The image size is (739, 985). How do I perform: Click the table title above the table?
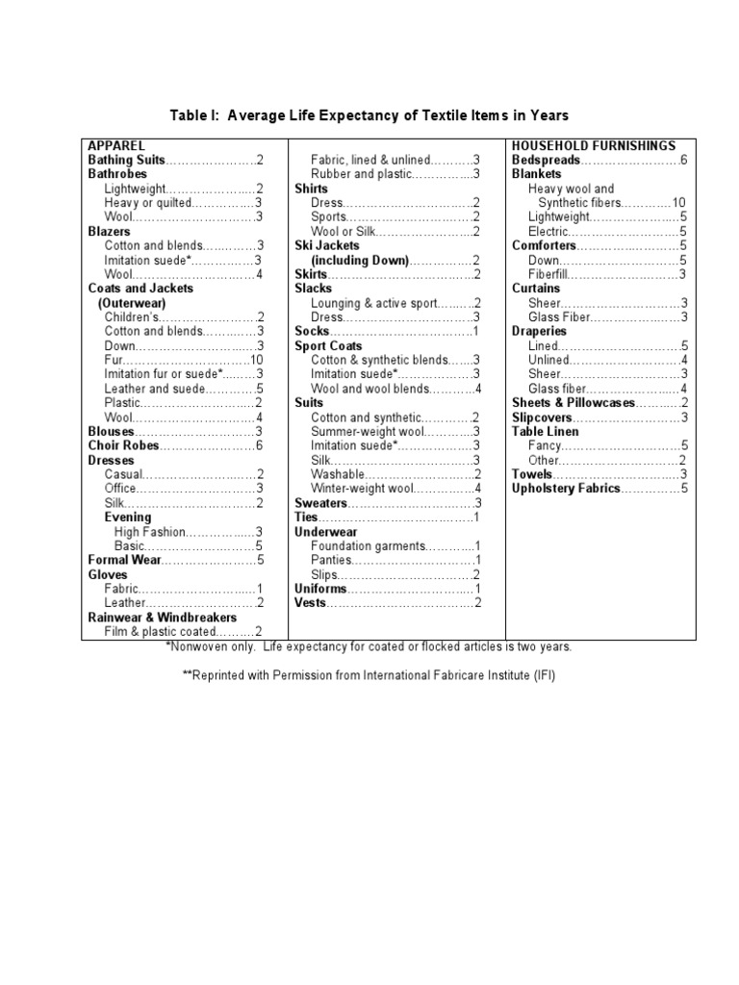click(369, 115)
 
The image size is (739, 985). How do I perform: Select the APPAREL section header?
click(117, 145)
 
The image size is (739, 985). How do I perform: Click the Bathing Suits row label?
click(127, 160)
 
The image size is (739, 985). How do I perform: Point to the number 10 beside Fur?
click(257, 360)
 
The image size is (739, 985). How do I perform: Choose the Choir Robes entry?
click(124, 445)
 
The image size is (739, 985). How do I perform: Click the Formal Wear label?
click(123, 560)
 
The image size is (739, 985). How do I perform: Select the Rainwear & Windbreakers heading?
click(162, 617)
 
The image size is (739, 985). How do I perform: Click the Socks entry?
click(311, 331)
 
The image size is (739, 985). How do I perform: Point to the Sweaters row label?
click(320, 503)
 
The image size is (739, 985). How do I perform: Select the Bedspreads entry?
click(546, 160)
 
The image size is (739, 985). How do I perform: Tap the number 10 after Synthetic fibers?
click(678, 203)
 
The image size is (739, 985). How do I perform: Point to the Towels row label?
click(532, 474)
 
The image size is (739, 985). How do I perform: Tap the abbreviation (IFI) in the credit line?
click(544, 675)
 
